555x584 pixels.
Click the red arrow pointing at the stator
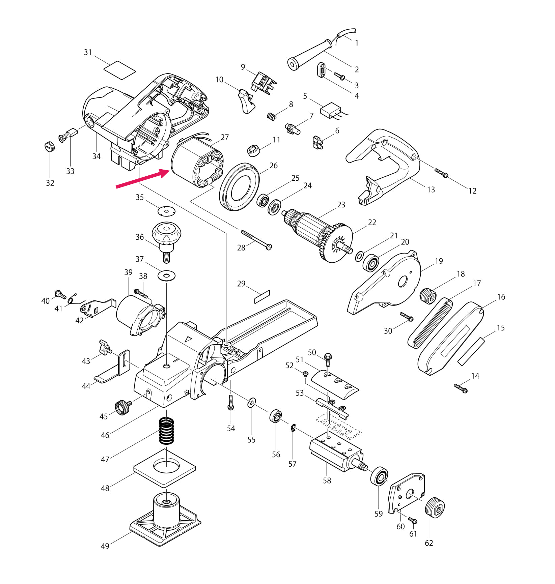click(x=142, y=179)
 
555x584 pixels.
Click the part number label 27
click(x=225, y=137)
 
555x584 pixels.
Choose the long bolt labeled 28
click(x=256, y=240)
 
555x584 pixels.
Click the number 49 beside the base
click(x=105, y=546)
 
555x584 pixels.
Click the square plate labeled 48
click(x=165, y=467)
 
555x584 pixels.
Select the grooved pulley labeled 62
click(x=435, y=508)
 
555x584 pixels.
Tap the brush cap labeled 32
click(x=50, y=147)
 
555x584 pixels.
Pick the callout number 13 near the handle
click(x=431, y=189)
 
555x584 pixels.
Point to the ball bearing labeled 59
click(x=379, y=476)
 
